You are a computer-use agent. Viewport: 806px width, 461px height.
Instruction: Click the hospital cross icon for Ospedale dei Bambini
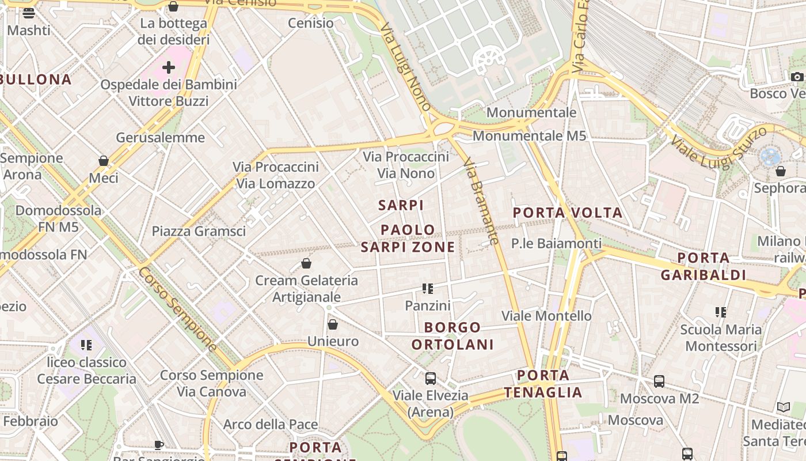click(168, 68)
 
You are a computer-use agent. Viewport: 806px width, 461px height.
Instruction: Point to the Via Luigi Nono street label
click(405, 67)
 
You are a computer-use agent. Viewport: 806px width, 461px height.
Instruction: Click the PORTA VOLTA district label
click(568, 213)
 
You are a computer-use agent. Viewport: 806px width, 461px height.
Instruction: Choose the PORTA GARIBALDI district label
click(703, 266)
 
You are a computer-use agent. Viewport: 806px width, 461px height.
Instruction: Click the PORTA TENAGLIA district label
click(543, 384)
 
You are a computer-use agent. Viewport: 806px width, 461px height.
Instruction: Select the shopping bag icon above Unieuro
click(332, 324)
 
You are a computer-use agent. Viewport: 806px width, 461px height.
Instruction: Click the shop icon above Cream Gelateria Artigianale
click(306, 264)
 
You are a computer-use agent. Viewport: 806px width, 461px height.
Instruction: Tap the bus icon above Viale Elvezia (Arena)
click(430, 379)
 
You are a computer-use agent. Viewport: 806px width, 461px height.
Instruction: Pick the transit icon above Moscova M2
click(659, 381)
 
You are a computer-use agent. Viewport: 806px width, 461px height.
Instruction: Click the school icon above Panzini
click(427, 288)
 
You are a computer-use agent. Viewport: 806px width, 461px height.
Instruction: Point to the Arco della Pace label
click(271, 425)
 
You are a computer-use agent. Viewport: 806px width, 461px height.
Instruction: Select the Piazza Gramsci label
click(199, 231)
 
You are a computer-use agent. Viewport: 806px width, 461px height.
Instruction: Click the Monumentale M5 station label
click(529, 136)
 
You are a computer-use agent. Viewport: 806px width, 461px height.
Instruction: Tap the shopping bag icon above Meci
click(104, 161)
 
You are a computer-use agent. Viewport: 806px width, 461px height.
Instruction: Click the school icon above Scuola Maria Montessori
click(720, 312)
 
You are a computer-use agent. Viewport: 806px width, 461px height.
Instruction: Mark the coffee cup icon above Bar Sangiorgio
click(159, 445)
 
